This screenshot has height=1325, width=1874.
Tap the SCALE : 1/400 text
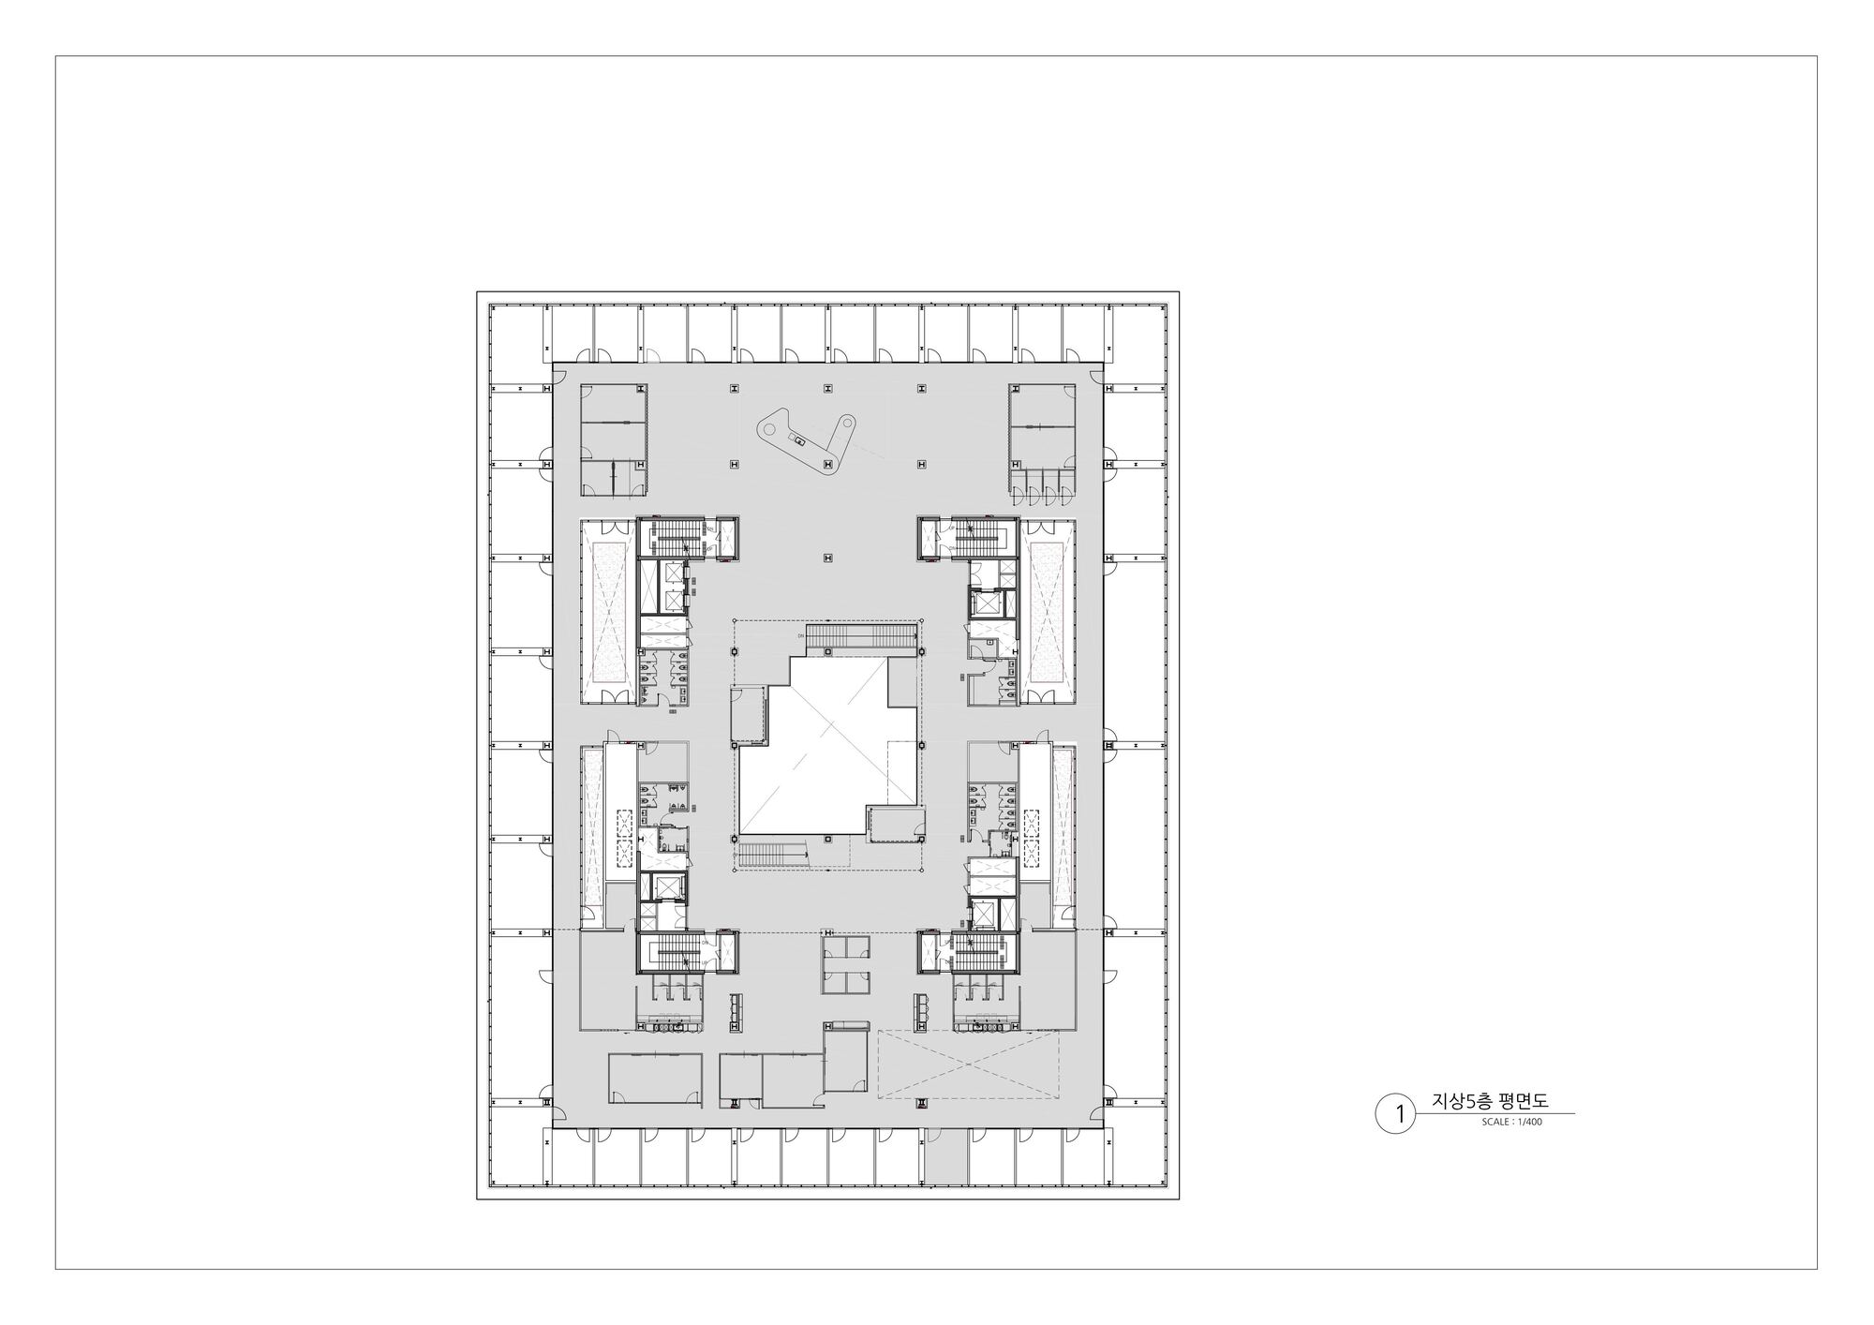point(1511,1122)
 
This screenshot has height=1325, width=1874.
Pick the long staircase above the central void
point(860,636)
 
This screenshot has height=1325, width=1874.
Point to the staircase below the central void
point(772,854)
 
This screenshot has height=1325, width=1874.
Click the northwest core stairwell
point(669,537)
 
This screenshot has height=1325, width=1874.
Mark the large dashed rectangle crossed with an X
point(969,1064)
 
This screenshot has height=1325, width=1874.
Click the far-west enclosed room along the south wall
point(654,1078)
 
